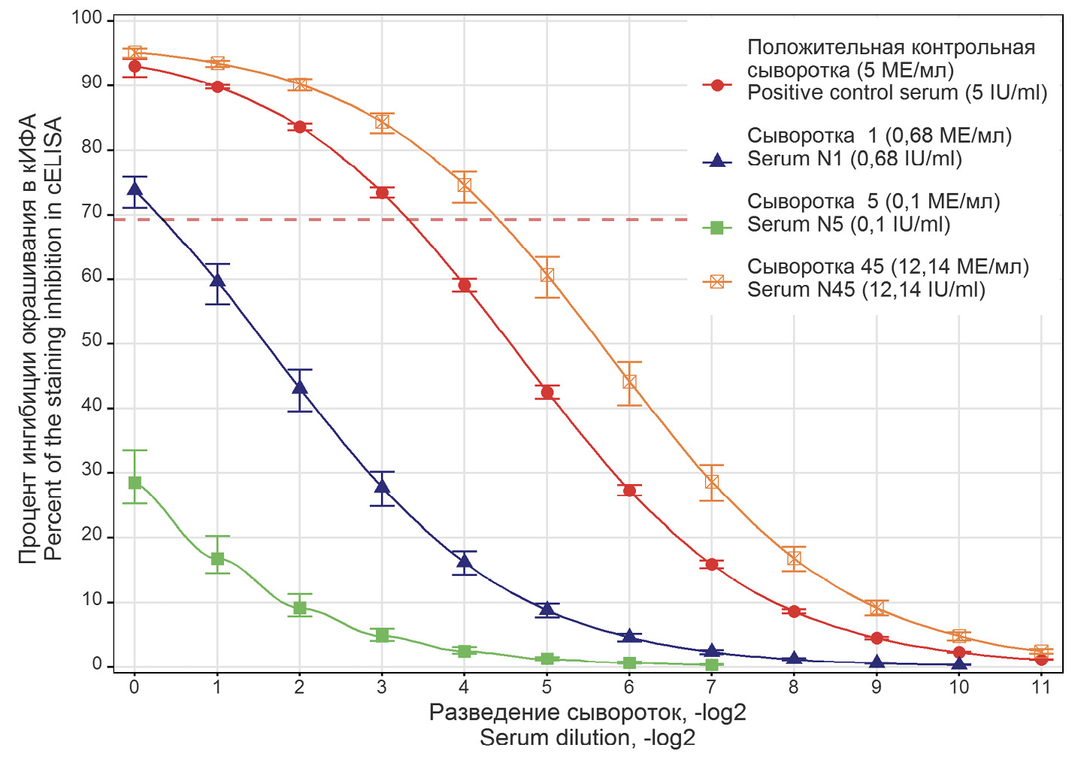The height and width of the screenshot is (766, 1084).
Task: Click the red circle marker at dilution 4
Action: coord(464,286)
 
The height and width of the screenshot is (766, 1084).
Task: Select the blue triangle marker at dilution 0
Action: coord(135,189)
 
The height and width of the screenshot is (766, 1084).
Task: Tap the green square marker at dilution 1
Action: coord(217,559)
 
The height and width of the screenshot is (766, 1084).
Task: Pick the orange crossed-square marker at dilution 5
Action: coord(547,275)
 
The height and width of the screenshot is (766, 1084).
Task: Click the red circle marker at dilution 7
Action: coord(711,565)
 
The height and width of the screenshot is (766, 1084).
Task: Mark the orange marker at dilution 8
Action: coord(794,559)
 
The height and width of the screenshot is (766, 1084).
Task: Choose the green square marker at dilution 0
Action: coord(135,483)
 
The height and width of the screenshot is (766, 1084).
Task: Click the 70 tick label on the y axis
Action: coord(92,213)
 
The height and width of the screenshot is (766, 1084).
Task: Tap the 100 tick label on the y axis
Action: coord(87,18)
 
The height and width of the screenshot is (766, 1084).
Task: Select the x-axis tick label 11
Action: coord(1040,687)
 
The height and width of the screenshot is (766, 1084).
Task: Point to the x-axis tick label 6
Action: coord(628,687)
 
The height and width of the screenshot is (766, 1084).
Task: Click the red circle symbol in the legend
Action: coord(717,85)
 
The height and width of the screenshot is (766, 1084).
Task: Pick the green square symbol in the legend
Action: coord(717,227)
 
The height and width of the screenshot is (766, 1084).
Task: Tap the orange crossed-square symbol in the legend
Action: coord(717,281)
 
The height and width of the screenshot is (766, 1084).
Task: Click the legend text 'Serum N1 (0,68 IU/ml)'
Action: coord(854,159)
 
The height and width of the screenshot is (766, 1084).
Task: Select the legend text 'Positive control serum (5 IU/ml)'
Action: coord(897,92)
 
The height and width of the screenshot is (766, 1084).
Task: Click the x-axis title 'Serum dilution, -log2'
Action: coord(587,738)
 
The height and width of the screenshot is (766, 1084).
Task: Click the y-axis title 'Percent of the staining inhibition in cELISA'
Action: coord(53,338)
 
